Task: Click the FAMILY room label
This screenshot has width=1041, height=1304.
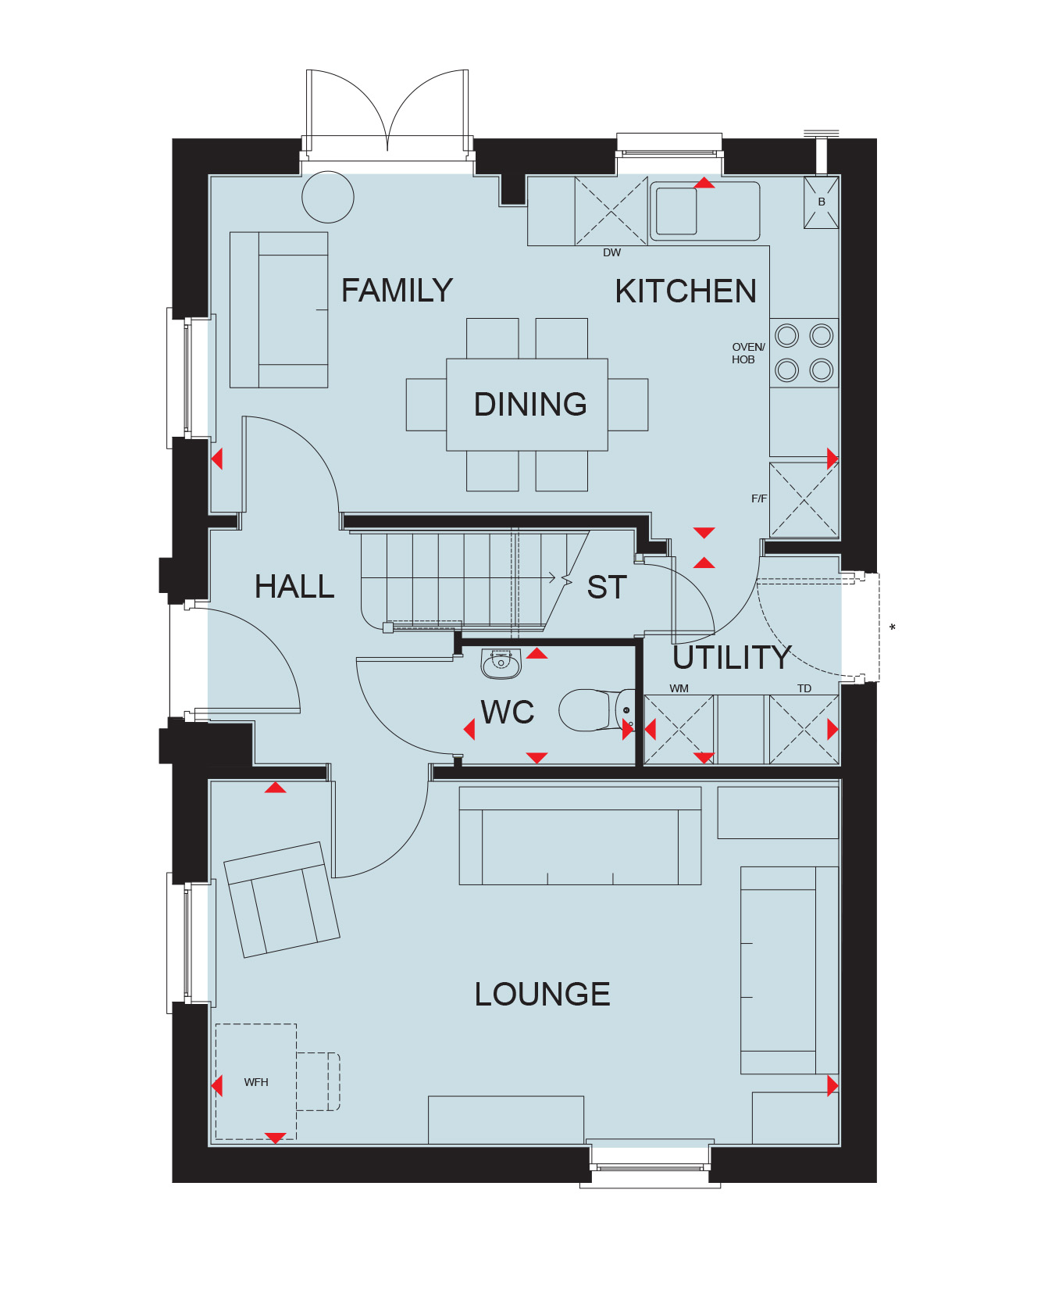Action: click(x=397, y=291)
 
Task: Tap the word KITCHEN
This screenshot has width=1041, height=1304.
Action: click(x=686, y=291)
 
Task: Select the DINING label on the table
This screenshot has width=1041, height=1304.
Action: click(x=530, y=404)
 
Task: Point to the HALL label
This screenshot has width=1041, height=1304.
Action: click(x=294, y=586)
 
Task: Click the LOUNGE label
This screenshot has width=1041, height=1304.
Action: click(x=543, y=994)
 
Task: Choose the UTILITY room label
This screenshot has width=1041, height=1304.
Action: click(x=732, y=658)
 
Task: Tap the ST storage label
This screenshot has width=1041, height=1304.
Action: click(x=607, y=588)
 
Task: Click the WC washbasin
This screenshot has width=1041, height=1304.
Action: click(x=501, y=663)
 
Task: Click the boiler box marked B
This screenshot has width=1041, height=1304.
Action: click(x=822, y=202)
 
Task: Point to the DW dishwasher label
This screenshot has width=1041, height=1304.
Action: click(x=612, y=252)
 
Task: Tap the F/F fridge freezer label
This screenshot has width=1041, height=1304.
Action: click(x=759, y=498)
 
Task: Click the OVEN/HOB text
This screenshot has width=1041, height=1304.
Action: click(x=748, y=353)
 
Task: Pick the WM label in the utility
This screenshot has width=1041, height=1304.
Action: click(x=679, y=688)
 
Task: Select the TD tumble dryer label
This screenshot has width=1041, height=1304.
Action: click(x=804, y=688)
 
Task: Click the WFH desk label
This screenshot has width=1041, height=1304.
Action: click(x=256, y=1082)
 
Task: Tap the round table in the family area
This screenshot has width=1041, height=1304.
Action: click(x=328, y=197)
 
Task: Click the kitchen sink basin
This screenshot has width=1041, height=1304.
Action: click(x=676, y=212)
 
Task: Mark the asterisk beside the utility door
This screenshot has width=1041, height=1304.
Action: click(x=893, y=627)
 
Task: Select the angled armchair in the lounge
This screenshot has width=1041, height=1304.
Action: click(x=282, y=899)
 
